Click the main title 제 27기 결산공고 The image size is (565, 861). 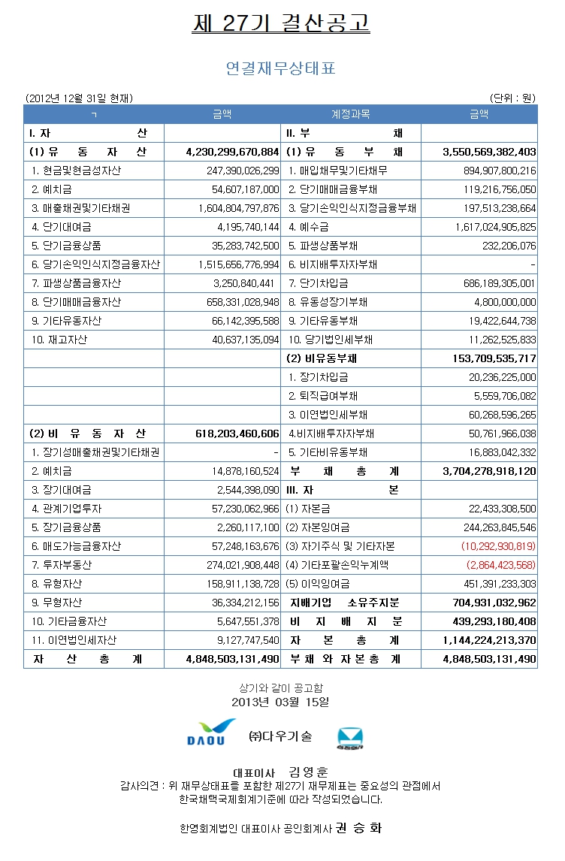pos(281,23)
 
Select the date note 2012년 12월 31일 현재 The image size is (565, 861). pos(79,98)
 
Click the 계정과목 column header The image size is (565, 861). pos(350,114)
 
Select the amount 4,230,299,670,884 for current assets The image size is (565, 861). pos(232,152)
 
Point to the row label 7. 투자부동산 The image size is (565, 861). pos(61,565)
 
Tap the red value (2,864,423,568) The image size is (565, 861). pos(501,565)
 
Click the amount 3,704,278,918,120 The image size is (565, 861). pos(490,471)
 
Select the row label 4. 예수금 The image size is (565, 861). pos(309,227)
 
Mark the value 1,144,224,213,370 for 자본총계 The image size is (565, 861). pos(490,640)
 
